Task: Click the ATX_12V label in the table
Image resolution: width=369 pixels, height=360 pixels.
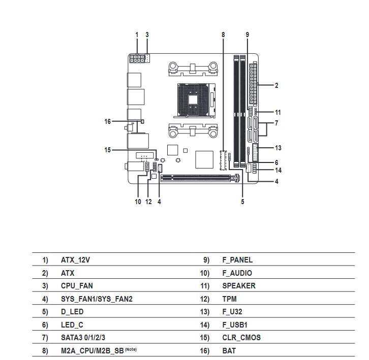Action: [75, 260]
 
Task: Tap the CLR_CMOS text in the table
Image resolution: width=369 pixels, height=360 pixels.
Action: [241, 338]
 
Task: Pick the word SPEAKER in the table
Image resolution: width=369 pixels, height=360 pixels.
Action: [239, 286]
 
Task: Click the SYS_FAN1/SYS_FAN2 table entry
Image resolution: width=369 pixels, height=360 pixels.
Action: [97, 299]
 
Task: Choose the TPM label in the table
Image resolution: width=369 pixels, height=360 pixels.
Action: [230, 299]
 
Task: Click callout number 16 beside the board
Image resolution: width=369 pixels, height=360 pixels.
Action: [107, 121]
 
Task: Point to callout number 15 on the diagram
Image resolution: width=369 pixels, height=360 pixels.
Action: [107, 150]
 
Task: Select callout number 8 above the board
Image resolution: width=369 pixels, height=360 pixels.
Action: [223, 35]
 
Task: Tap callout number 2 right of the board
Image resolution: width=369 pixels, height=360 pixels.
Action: [276, 85]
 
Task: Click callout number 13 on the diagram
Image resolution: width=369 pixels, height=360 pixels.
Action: [278, 148]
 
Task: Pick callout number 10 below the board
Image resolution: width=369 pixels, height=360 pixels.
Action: [138, 202]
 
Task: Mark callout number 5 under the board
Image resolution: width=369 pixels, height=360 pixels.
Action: [242, 202]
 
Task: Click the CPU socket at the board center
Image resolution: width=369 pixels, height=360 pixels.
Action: [195, 95]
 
